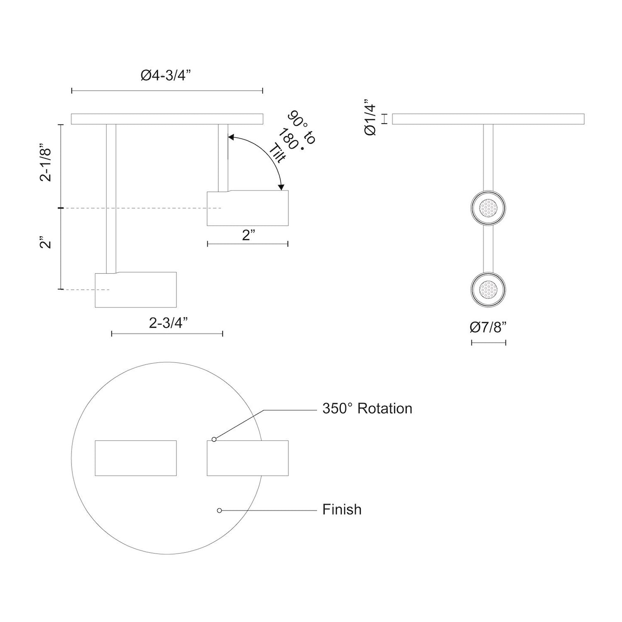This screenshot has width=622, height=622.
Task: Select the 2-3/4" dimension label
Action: coord(169,323)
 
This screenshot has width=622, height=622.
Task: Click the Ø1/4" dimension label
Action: coord(371,119)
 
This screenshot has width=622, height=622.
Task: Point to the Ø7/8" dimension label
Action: coord(488,328)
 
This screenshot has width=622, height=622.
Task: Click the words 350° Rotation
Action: coord(367,408)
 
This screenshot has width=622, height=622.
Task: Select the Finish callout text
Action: coord(342,510)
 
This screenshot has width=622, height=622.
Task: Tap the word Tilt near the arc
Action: coord(278,154)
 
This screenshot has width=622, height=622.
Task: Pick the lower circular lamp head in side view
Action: coord(488,289)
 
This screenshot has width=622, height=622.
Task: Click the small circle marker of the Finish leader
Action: coord(220,511)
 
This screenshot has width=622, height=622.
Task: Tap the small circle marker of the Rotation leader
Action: coord(214,439)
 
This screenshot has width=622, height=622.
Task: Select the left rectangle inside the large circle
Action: coord(136,458)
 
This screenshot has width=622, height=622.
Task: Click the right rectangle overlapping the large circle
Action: coord(248,458)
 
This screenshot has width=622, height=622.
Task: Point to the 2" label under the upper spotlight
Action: coord(248,235)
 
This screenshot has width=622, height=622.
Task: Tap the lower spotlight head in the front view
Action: coord(136,290)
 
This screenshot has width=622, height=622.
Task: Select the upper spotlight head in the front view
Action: coord(248,209)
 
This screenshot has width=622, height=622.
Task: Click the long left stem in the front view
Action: coord(111,198)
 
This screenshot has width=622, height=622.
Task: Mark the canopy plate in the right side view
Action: coord(488,119)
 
